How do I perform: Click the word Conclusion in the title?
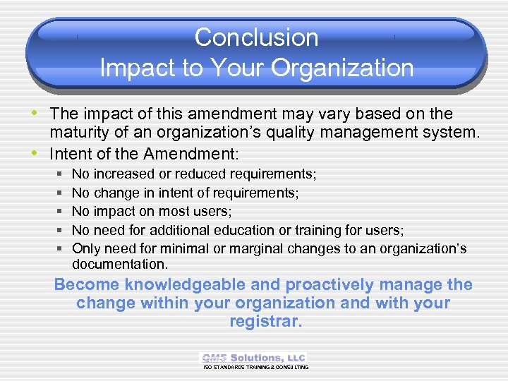pos(256,37)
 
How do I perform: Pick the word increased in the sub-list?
pos(125,174)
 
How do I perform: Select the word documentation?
pos(119,265)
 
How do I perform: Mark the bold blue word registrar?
pos(265,322)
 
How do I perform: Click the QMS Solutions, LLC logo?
pos(254,358)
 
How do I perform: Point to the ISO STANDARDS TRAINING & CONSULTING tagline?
pos(255,368)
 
